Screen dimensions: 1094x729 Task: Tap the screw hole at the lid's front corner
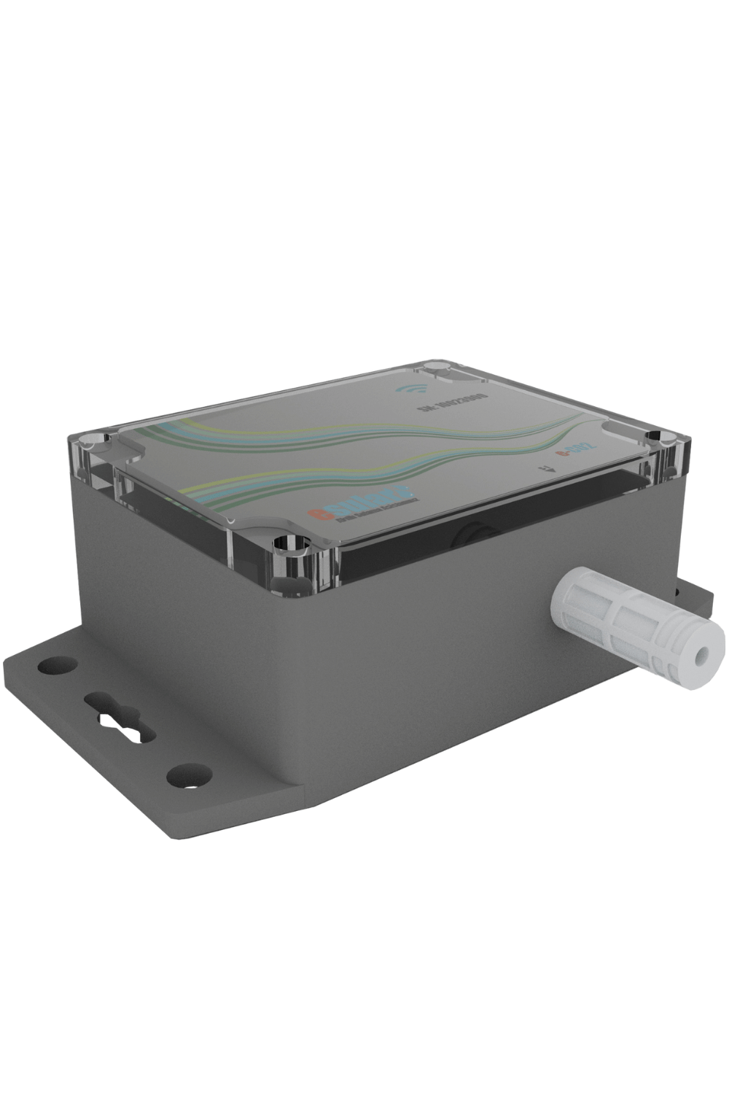pos(291,543)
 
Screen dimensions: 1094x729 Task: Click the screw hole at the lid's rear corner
pos(436,366)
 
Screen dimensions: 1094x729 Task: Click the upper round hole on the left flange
pos(54,664)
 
